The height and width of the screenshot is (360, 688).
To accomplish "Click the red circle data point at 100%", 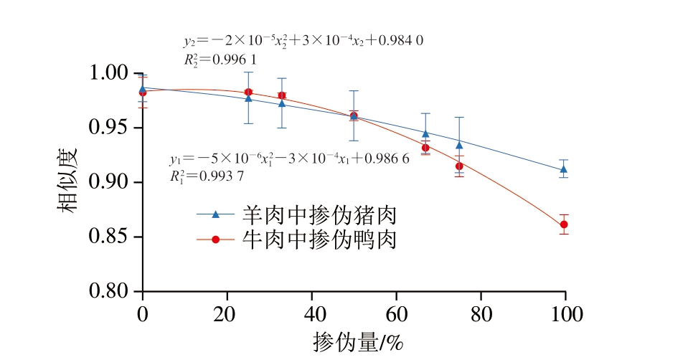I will [564, 224].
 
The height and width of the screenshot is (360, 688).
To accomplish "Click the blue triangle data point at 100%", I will [564, 169].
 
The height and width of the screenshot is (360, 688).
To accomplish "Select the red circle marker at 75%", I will [459, 166].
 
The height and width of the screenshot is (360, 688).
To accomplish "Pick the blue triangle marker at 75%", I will [459, 145].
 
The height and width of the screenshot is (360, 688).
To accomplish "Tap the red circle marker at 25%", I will [248, 92].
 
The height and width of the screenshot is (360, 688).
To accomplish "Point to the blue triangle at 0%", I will [143, 88].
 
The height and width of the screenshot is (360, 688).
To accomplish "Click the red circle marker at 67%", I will [425, 148].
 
